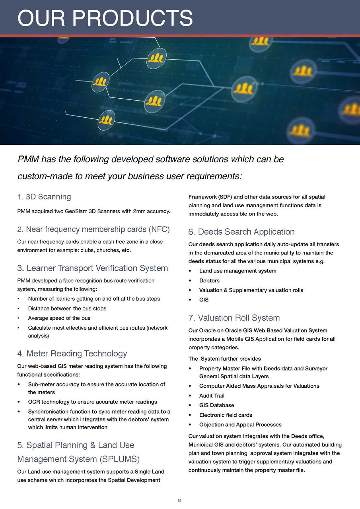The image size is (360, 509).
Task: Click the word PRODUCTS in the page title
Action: point(132,18)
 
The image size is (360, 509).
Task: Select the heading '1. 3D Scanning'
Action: point(44,197)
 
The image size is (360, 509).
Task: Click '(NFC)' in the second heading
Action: point(159,229)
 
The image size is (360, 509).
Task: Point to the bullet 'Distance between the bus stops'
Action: point(67,308)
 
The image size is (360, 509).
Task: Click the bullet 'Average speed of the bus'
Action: point(59,318)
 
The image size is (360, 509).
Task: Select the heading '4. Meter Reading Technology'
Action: point(72,354)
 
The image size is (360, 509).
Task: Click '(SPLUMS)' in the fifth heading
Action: point(120,459)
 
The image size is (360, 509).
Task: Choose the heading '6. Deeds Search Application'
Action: point(241,232)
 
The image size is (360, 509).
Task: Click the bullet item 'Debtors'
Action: point(209,281)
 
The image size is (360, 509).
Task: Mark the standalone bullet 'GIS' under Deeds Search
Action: point(204,300)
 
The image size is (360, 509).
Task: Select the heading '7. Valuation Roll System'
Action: point(234,318)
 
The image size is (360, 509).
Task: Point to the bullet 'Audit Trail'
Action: point(212,396)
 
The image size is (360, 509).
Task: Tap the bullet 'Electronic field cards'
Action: point(226,415)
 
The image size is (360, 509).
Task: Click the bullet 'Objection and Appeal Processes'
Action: point(240,424)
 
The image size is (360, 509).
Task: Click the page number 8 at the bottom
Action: point(179,500)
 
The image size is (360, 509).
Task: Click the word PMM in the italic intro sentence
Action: point(28,159)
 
